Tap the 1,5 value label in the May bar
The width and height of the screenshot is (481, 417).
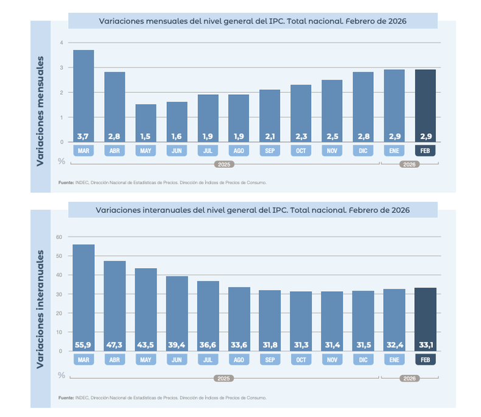pyautogui.click(x=146, y=136)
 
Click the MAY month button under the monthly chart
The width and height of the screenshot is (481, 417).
pyautogui.click(x=146, y=150)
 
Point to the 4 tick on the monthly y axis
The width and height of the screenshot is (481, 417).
pyautogui.click(x=61, y=43)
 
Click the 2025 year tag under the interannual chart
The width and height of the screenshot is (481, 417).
pyautogui.click(x=224, y=378)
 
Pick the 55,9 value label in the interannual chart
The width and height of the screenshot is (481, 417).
pyautogui.click(x=83, y=345)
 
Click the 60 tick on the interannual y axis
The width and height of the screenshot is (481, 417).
pyautogui.click(x=59, y=236)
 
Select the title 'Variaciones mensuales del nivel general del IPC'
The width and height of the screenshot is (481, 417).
pyautogui.click(x=252, y=21)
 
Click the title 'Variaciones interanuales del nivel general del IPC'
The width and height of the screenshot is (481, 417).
pyautogui.click(x=252, y=210)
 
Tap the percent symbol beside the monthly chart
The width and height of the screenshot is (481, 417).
pyautogui.click(x=61, y=161)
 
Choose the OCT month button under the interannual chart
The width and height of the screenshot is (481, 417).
pyautogui.click(x=301, y=360)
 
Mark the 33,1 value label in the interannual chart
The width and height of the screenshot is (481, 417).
pyautogui.click(x=425, y=345)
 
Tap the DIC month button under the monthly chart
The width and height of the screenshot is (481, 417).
pyautogui.click(x=363, y=150)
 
